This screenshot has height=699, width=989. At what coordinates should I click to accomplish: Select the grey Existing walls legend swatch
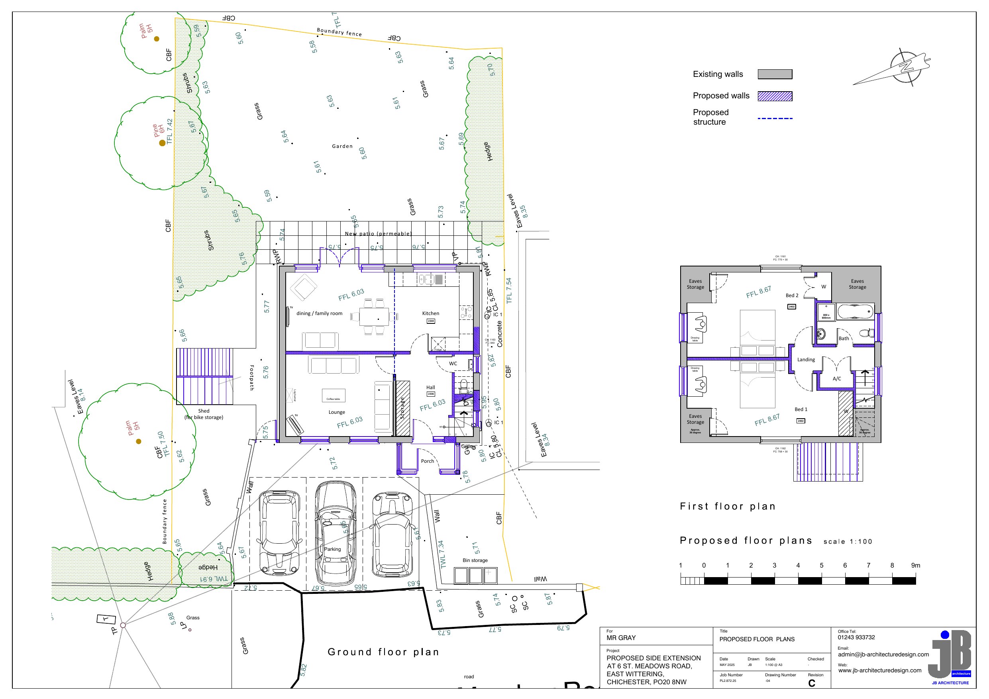point(775,74)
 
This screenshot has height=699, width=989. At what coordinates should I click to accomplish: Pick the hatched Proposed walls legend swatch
point(775,96)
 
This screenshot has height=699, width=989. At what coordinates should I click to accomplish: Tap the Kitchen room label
point(430,313)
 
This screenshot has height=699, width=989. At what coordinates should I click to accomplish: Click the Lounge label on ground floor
point(336,412)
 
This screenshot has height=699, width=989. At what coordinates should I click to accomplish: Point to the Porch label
point(427,461)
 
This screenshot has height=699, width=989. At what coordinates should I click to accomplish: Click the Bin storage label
point(475,560)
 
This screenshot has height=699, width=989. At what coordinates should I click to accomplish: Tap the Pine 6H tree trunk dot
point(162,143)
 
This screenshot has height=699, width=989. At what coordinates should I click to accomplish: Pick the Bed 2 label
point(792,296)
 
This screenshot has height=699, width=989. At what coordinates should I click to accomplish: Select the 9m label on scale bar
point(915,566)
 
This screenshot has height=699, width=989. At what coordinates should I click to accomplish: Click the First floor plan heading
point(728,507)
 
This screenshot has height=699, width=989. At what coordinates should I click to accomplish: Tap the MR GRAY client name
point(621,638)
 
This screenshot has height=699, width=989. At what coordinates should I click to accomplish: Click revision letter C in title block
point(812,683)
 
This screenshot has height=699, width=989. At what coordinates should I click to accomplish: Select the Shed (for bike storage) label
point(204,414)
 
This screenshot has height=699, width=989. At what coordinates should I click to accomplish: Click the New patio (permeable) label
point(378,233)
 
